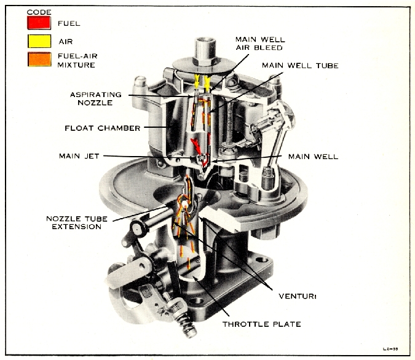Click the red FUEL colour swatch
click(38, 23)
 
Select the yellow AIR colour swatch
click(38, 41)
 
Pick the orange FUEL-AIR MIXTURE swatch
click(38, 59)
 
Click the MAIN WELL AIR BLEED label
click(260, 44)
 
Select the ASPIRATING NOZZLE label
click(97, 99)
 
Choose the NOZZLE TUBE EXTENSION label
click(74, 222)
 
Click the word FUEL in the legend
click(68, 23)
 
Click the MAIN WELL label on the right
click(317, 156)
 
